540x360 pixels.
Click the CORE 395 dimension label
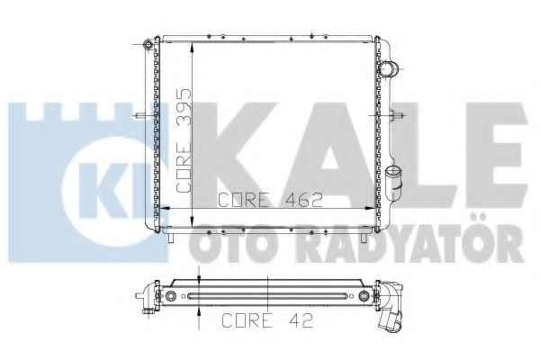184,140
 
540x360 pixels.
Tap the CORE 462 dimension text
271,200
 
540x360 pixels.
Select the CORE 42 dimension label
267,320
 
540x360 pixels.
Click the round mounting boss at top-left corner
148,45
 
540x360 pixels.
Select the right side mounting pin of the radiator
395,115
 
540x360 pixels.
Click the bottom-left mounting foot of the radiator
170,238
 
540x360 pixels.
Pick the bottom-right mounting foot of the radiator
364,238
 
